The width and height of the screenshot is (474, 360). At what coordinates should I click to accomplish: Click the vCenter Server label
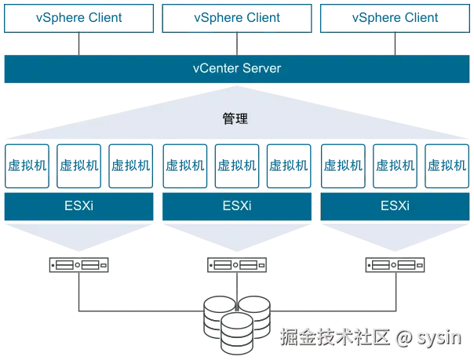click(x=237, y=68)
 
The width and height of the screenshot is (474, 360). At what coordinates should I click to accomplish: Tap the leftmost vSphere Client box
click(x=78, y=17)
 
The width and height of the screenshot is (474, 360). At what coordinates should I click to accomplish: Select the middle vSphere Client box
click(x=237, y=17)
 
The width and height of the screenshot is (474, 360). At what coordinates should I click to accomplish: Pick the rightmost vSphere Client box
click(x=395, y=17)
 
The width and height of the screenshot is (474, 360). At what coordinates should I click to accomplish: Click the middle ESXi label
click(x=237, y=206)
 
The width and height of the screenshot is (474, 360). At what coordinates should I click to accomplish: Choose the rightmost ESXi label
click(x=395, y=206)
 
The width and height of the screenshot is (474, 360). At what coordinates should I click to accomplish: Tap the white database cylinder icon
click(x=237, y=333)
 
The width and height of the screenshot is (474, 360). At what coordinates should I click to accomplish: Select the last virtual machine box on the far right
click(x=446, y=165)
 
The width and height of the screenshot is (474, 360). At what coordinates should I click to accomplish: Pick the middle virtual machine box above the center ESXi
click(x=237, y=165)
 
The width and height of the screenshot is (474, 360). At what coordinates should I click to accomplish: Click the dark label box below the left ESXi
click(x=78, y=267)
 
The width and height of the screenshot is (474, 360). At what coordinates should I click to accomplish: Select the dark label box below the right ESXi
click(x=394, y=267)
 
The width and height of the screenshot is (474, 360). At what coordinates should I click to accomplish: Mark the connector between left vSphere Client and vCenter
click(x=78, y=43)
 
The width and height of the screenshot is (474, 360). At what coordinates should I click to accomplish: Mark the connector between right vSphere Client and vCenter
click(x=395, y=43)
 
